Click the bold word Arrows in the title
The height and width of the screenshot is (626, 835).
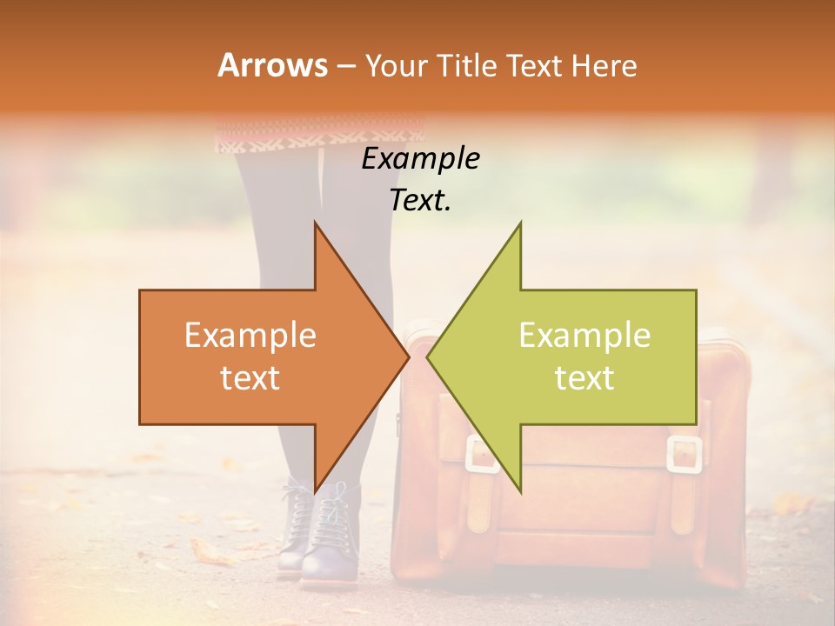(272, 65)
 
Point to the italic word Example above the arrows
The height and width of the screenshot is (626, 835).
(421, 159)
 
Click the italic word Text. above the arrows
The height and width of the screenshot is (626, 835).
(421, 200)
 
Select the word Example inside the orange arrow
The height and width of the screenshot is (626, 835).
(250, 336)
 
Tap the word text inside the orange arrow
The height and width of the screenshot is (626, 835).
(250, 378)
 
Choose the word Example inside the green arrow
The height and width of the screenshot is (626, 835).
(584, 336)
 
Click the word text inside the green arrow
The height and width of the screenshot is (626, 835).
(584, 378)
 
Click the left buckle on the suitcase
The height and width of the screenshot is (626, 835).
(481, 454)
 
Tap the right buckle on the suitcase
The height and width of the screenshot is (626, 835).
(684, 454)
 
